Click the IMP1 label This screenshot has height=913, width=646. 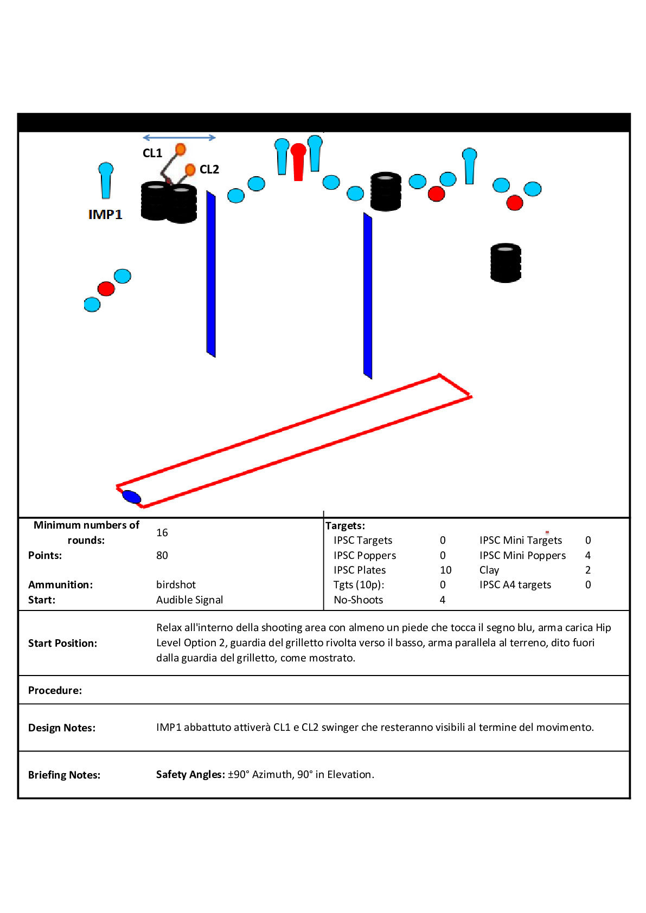click(105, 215)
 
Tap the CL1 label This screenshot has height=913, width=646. click(152, 153)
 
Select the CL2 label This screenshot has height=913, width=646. click(209, 170)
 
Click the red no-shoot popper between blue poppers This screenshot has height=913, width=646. click(298, 161)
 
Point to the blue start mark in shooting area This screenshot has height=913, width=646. click(131, 496)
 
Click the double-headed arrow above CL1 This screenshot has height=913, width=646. click(179, 138)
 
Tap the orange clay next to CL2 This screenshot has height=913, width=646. click(190, 170)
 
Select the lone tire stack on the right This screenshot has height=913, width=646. click(506, 263)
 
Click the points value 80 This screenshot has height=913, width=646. click(162, 555)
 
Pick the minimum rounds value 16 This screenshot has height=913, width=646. click(162, 532)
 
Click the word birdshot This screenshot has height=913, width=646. click(176, 584)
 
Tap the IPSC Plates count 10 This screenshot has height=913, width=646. click(446, 570)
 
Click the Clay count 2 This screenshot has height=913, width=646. click(588, 570)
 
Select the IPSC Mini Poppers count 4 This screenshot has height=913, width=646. click(588, 555)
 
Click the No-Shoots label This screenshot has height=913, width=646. click(359, 600)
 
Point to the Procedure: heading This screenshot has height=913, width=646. click(55, 690)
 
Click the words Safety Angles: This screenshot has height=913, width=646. click(190, 774)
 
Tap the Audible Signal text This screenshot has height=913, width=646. click(190, 600)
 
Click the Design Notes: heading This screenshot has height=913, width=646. click(62, 728)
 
